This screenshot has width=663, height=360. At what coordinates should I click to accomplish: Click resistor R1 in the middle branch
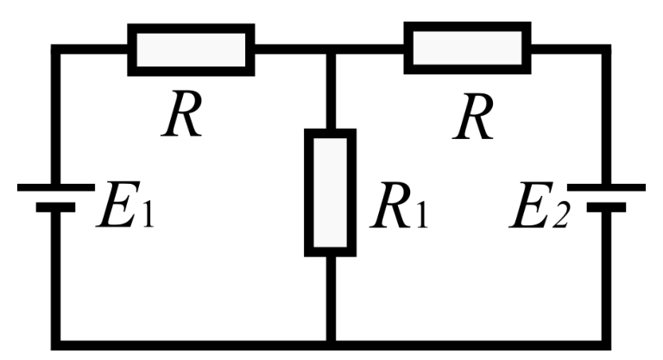pyautogui.click(x=331, y=193)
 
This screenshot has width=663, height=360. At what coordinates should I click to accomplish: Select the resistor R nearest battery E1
pyautogui.click(x=191, y=50)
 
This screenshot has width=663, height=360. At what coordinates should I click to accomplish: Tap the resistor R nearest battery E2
pyautogui.click(x=467, y=47)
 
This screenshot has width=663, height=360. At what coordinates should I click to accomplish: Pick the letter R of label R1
pyautogui.click(x=391, y=205)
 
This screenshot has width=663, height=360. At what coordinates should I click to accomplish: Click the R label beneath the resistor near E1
pyautogui.click(x=182, y=114)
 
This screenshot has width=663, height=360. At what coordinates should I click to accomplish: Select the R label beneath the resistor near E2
pyautogui.click(x=473, y=117)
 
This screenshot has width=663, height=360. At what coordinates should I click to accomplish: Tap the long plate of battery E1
pyautogui.click(x=56, y=187)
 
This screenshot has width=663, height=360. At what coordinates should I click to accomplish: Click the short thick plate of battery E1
pyautogui.click(x=55, y=207)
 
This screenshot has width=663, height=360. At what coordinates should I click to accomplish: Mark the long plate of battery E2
pyautogui.click(x=606, y=187)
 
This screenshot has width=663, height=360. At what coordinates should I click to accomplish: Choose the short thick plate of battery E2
pyautogui.click(x=606, y=207)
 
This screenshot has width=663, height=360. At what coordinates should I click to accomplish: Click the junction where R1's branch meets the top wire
pyautogui.click(x=331, y=49)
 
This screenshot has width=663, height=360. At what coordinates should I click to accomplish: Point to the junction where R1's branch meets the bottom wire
pyautogui.click(x=331, y=344)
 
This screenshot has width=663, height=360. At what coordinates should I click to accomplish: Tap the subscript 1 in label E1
pyautogui.click(x=147, y=215)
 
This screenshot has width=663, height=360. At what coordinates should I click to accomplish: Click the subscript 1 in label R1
pyautogui.click(x=420, y=215)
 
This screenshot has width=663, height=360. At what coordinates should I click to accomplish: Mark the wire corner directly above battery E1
pyautogui.click(x=56, y=49)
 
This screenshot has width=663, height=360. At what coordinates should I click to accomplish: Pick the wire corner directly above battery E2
pyautogui.click(x=606, y=49)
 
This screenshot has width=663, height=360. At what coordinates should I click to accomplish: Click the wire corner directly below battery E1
pyautogui.click(x=56, y=344)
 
